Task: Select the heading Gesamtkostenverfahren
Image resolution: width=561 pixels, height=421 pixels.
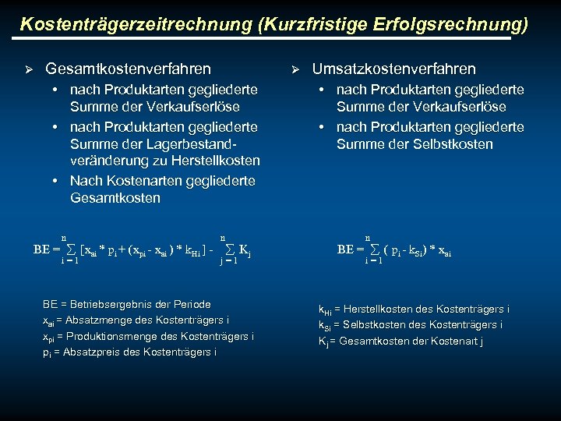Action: click(x=128, y=69)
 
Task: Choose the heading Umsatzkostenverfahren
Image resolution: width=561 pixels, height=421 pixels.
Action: click(x=393, y=69)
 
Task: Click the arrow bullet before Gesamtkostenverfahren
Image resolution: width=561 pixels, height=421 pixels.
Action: click(x=29, y=69)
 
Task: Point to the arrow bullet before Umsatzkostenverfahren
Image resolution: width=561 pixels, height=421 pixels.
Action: click(x=295, y=69)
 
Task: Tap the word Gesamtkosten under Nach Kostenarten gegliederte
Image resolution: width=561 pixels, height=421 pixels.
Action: click(x=115, y=198)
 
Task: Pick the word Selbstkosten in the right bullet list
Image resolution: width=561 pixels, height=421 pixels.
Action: click(x=456, y=144)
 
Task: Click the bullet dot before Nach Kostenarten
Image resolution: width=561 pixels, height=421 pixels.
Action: click(x=57, y=180)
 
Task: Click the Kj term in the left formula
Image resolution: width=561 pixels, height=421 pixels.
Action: click(x=244, y=251)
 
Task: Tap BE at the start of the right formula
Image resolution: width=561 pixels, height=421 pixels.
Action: click(x=345, y=250)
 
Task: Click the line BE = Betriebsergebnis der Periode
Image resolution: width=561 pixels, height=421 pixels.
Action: click(x=127, y=304)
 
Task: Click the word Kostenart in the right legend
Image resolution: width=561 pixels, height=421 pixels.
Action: click(x=454, y=340)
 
